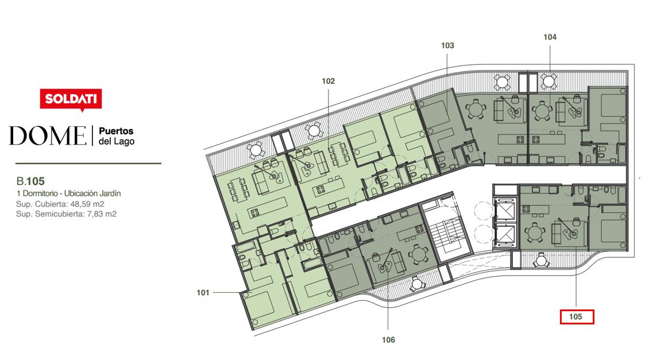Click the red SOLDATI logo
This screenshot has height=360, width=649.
point(71,100)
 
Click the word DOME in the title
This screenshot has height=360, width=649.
point(48,136)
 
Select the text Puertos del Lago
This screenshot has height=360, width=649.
point(117,136)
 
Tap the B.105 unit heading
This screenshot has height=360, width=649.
point(30,181)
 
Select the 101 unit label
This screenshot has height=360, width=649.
point(203,293)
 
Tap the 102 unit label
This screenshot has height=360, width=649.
point(328,81)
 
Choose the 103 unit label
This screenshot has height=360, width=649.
point(447,45)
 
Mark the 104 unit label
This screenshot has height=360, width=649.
point(550,37)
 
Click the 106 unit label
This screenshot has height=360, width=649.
point(388,340)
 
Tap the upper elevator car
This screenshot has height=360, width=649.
point(504,211)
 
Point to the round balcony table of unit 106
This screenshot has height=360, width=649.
point(417,284)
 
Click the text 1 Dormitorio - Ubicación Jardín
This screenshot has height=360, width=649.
point(68,193)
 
